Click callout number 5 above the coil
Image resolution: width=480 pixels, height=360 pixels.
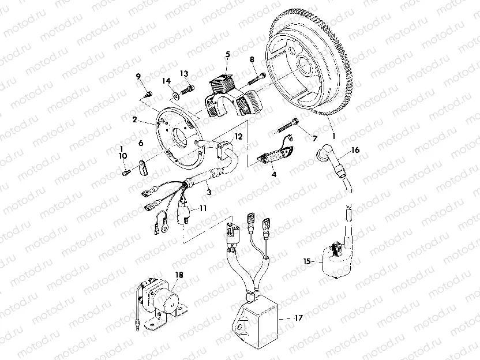coord(227,54)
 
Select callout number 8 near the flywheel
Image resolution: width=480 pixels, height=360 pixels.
coord(252,59)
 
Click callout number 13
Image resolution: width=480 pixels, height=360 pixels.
coord(184,73)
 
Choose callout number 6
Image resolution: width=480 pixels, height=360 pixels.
coord(140,143)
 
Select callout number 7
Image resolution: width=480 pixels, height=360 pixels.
coord(315,139)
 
